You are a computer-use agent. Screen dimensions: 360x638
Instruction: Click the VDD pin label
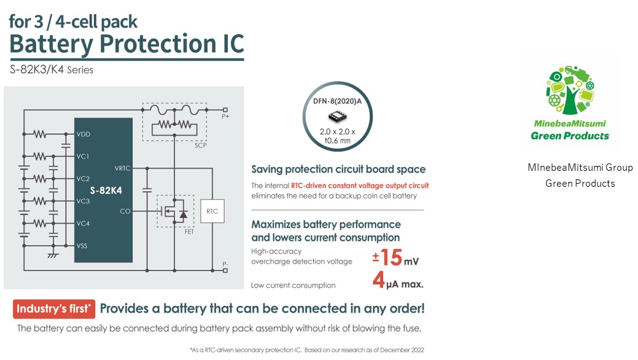pyautogui.click(x=84, y=134)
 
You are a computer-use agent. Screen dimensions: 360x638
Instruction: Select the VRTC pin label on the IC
pyautogui.click(x=122, y=167)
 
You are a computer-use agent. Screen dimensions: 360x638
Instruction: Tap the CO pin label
pyautogui.click(x=125, y=212)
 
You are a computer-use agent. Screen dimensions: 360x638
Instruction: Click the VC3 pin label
pyautogui.click(x=83, y=201)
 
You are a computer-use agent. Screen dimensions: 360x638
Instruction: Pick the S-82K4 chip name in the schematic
pyautogui.click(x=106, y=190)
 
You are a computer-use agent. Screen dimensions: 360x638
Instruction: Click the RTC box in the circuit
pyautogui.click(x=212, y=212)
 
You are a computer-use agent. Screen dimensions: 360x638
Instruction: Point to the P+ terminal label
pyautogui.click(x=227, y=115)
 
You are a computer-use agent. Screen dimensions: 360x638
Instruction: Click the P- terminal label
pyautogui.click(x=226, y=265)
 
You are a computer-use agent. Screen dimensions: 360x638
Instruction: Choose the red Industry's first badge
pyautogui.click(x=54, y=308)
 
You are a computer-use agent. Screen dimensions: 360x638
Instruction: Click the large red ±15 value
pyautogui.click(x=387, y=257)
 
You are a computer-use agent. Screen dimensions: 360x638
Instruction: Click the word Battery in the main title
pyautogui.click(x=50, y=44)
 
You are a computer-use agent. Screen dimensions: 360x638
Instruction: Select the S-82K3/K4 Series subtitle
pyautogui.click(x=52, y=70)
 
